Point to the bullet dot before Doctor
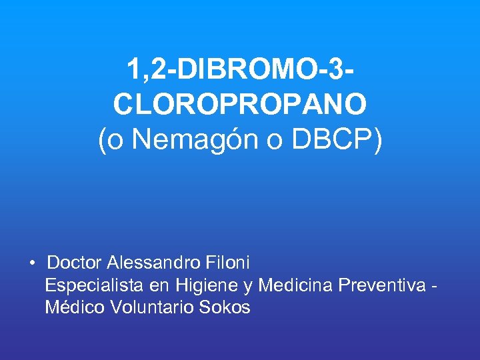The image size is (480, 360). point(32,262)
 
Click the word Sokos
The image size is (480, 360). point(225,307)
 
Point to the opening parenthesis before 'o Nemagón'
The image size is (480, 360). point(102,141)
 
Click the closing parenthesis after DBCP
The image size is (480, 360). point(378,141)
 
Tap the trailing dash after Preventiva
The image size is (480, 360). point(435,287)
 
